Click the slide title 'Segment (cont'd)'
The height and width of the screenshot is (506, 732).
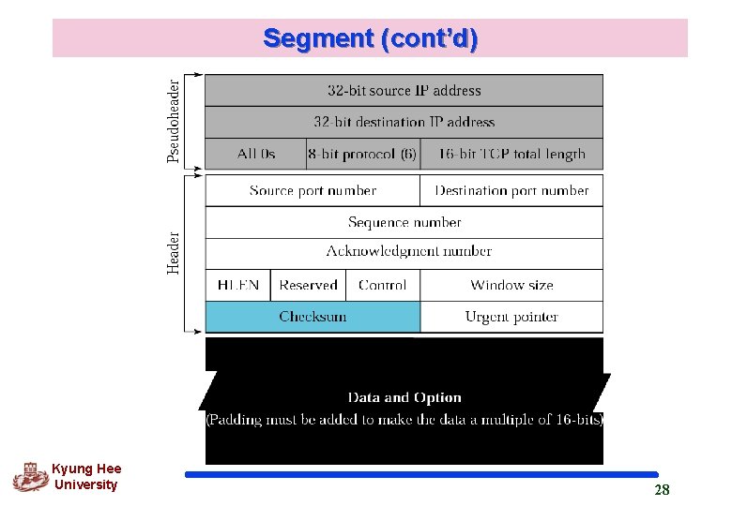pyautogui.click(x=370, y=38)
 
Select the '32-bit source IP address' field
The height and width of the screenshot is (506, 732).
pyautogui.click(x=404, y=91)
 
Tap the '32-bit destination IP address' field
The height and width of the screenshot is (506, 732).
pyautogui.click(x=404, y=122)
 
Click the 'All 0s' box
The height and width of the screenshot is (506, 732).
pyautogui.click(x=256, y=154)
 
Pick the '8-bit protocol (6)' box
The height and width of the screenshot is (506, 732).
pyautogui.click(x=362, y=154)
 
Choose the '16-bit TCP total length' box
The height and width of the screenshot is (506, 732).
pyautogui.click(x=511, y=154)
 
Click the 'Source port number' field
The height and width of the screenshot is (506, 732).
pyautogui.click(x=313, y=190)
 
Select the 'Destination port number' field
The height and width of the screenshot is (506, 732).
pyautogui.click(x=511, y=190)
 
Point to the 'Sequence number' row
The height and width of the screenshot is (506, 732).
pyautogui.click(x=404, y=222)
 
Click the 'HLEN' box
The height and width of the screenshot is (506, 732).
pyautogui.click(x=238, y=285)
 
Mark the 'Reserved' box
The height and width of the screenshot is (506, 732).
pyautogui.click(x=308, y=285)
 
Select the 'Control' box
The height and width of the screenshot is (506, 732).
pyautogui.click(x=382, y=285)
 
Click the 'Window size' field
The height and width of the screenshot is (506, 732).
pyautogui.click(x=511, y=285)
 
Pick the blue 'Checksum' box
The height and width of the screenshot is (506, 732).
pyautogui.click(x=313, y=317)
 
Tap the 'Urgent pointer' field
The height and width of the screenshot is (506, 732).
pyautogui.click(x=511, y=317)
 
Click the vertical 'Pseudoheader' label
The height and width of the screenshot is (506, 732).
pyautogui.click(x=175, y=120)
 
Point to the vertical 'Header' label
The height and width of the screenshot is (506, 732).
pyautogui.click(x=175, y=253)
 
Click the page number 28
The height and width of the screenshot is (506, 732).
pyautogui.click(x=662, y=490)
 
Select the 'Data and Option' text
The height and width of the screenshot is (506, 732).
pyautogui.click(x=404, y=397)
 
